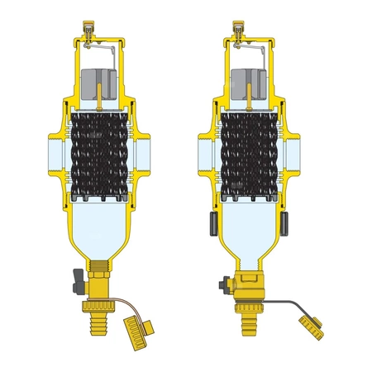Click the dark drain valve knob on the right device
pos(222,284)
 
